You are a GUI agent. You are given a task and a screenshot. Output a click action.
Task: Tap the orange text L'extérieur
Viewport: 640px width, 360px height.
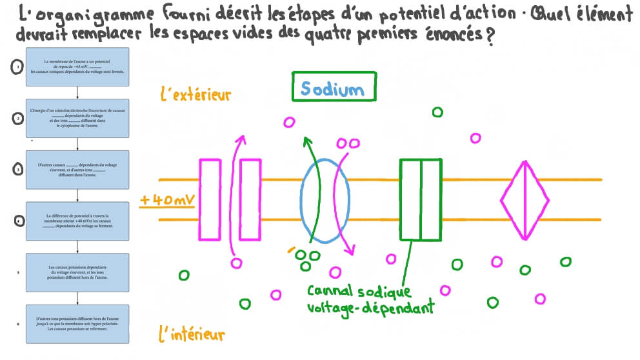(x=195, y=95)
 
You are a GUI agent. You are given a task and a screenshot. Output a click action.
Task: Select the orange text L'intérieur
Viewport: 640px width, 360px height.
(x=192, y=335)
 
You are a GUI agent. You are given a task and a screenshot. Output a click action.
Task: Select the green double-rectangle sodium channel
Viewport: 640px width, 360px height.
(x=421, y=199)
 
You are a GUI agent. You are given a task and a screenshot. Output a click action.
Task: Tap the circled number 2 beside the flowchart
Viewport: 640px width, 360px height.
(x=19, y=117)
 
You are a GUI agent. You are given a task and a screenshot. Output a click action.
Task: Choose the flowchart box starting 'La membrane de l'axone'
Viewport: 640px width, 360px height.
(x=77, y=67)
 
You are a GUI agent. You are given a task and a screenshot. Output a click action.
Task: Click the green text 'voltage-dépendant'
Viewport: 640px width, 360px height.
(x=370, y=308)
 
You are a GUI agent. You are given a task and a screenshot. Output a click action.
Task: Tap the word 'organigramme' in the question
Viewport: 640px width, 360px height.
(x=87, y=14)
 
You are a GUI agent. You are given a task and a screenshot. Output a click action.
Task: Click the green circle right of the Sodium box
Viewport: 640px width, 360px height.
(x=437, y=112)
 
